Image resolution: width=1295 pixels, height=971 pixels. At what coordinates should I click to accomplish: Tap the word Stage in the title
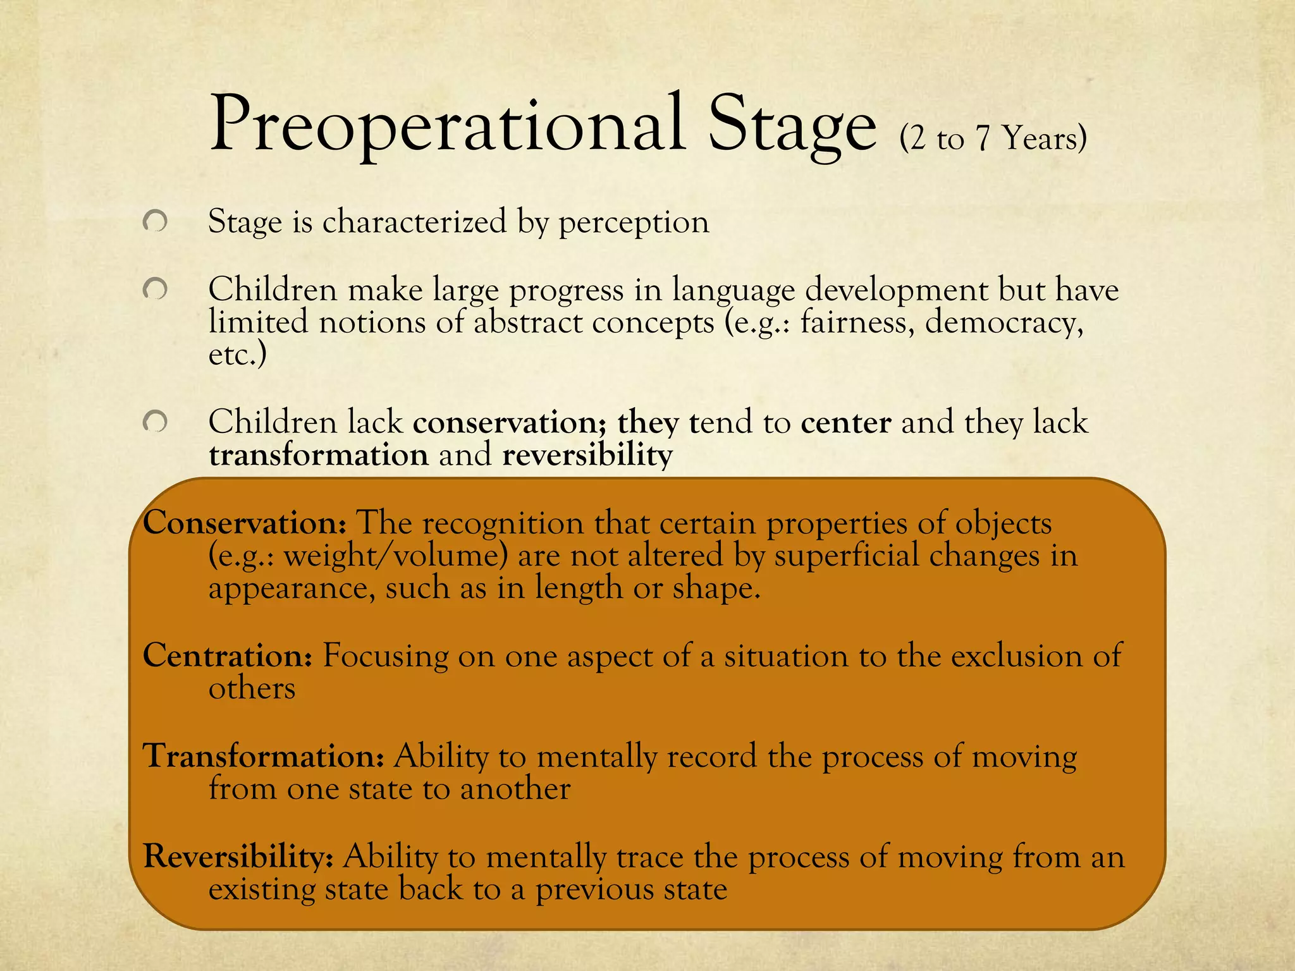click(792, 126)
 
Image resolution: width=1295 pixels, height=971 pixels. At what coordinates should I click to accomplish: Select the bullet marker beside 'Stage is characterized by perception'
click(155, 222)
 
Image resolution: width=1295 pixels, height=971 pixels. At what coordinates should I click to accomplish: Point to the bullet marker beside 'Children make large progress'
click(155, 290)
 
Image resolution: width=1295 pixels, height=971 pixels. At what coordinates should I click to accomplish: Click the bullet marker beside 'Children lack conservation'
click(155, 422)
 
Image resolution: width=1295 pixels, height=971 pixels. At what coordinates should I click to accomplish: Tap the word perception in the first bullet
click(634, 223)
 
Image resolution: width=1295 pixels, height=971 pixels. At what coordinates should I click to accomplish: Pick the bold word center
click(845, 422)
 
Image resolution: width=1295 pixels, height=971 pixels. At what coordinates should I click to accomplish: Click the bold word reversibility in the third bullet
click(587, 455)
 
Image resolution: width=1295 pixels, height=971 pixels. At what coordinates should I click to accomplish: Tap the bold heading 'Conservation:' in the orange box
click(245, 523)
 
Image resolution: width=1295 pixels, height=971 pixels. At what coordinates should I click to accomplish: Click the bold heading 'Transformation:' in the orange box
click(264, 755)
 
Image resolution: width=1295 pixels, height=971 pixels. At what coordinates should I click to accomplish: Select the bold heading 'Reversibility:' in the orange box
click(238, 857)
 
